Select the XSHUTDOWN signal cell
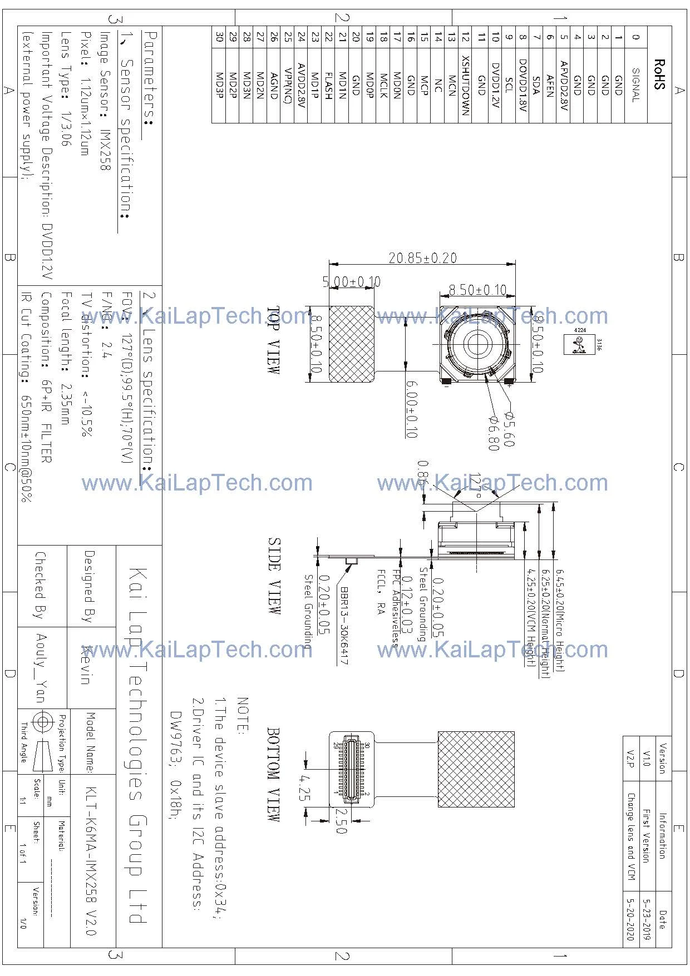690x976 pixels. (x=466, y=85)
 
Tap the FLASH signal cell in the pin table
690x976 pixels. (x=329, y=85)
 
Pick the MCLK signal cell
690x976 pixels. (x=384, y=85)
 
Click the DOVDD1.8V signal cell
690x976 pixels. (x=522, y=85)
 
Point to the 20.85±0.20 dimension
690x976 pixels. (x=422, y=258)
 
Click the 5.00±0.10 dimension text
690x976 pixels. (x=352, y=282)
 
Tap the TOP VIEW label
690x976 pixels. (x=274, y=340)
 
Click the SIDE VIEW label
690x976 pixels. (x=274, y=576)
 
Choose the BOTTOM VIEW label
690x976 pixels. (x=274, y=774)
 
